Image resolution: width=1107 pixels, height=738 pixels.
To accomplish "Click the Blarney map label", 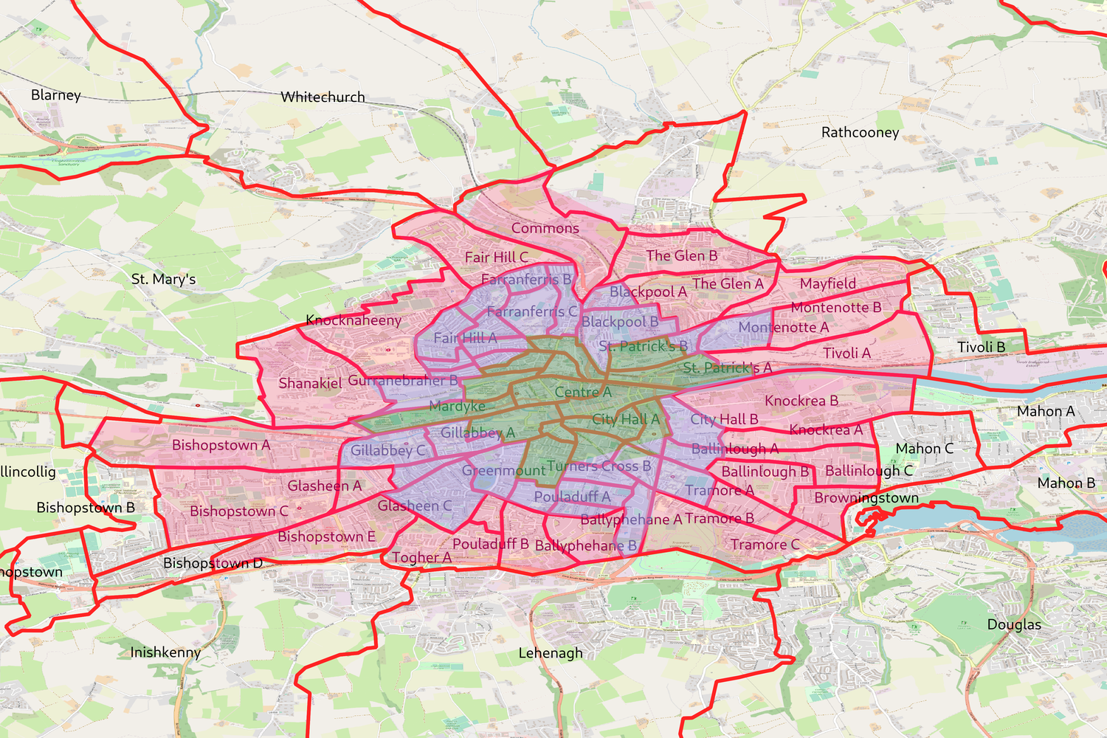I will click(x=55, y=95).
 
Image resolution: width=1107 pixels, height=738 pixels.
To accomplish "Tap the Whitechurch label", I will click(x=323, y=97).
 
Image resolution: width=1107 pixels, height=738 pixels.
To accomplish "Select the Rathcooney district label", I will click(x=860, y=133).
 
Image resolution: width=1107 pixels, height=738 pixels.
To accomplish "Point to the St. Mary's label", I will click(x=163, y=279).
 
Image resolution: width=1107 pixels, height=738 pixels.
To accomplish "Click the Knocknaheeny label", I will click(x=354, y=320).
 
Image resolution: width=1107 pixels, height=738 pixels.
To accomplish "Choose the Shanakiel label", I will click(x=310, y=383).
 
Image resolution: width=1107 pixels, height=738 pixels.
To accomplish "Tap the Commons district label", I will click(x=545, y=229).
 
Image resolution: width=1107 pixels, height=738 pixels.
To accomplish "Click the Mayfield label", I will click(x=828, y=283).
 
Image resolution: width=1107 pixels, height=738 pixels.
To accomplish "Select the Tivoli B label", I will click(x=981, y=347).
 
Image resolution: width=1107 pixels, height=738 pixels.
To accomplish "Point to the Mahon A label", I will click(x=1046, y=411).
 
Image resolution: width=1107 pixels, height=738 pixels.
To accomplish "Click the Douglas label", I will click(x=1014, y=624).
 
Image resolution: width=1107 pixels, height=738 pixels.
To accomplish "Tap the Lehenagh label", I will click(x=551, y=653).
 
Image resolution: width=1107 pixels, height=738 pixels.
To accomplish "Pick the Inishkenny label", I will click(x=165, y=652).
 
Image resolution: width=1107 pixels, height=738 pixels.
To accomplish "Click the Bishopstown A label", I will click(x=221, y=445).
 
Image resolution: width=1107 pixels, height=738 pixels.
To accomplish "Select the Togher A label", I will click(x=421, y=558).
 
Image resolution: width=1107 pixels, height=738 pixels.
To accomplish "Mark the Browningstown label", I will click(x=866, y=498).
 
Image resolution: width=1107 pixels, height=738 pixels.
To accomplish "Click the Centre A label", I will click(x=583, y=392).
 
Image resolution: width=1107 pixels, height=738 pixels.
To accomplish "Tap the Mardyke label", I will click(x=457, y=407).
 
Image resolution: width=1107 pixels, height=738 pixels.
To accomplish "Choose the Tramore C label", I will click(x=765, y=545).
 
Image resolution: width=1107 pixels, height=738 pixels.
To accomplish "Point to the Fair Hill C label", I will click(x=496, y=258).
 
